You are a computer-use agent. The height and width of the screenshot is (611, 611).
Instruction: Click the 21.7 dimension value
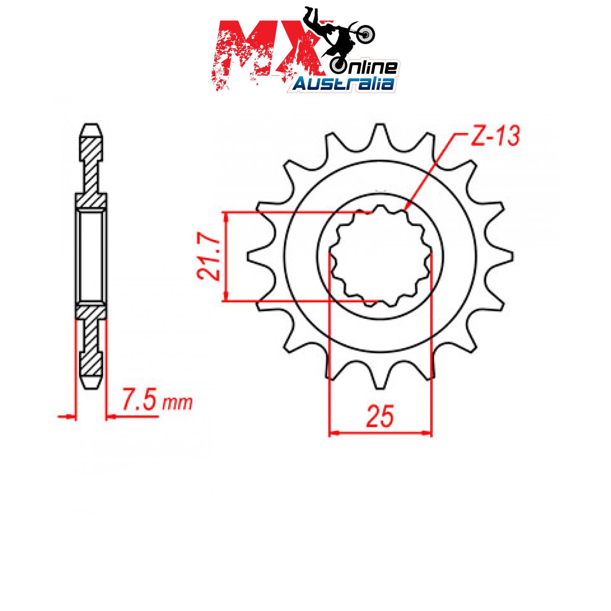[x=209, y=256]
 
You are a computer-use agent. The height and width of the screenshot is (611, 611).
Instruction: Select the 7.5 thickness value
[x=139, y=399]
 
